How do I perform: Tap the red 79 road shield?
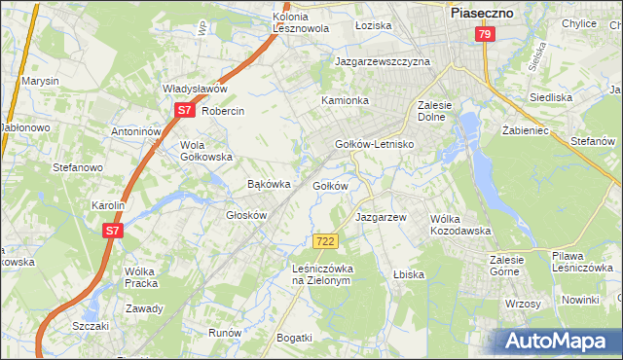(485, 34)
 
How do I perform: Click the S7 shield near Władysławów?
(184, 111)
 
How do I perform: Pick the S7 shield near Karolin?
(114, 231)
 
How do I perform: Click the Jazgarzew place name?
(381, 217)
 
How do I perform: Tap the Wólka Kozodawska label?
(459, 224)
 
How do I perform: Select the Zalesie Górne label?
(506, 266)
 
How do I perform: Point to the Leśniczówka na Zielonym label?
(321, 273)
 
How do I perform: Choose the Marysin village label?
(41, 81)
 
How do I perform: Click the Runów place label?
(225, 332)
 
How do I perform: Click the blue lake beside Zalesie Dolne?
(471, 127)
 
